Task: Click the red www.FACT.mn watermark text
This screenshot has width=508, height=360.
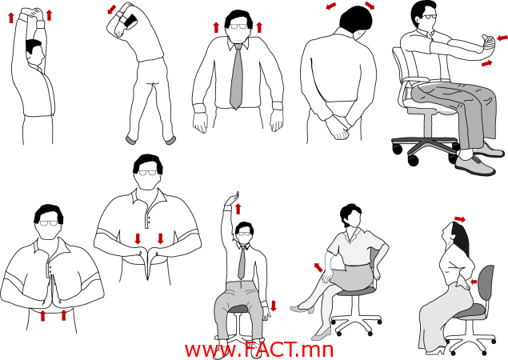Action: tap(259, 350)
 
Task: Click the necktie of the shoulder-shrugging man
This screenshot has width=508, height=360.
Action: tap(237, 76)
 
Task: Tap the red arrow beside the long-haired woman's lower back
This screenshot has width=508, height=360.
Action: tap(474, 282)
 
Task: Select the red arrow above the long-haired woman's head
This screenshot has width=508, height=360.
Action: tap(460, 219)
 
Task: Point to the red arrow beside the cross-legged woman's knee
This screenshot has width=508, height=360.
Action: tap(318, 267)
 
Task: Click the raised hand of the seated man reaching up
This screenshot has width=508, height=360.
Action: tap(233, 198)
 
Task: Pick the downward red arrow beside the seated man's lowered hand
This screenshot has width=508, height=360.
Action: tap(274, 306)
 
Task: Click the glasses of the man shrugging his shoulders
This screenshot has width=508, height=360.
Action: tap(240, 26)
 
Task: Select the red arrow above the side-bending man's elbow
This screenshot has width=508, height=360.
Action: tap(112, 9)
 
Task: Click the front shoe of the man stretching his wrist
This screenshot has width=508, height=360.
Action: tap(475, 166)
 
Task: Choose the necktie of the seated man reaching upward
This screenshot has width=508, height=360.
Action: tap(242, 262)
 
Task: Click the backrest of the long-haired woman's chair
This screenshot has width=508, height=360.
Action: tap(486, 285)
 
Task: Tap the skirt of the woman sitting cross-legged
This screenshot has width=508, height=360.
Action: tap(351, 277)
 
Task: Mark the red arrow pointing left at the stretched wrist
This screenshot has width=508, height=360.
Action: tap(502, 38)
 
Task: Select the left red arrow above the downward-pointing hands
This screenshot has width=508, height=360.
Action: tap(138, 238)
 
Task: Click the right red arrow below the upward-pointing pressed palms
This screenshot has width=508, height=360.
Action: tap(63, 315)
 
